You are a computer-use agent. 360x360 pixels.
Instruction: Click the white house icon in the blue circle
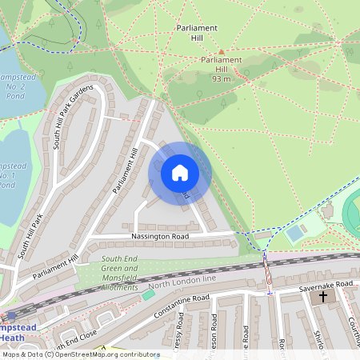pyautogui.click(x=180, y=172)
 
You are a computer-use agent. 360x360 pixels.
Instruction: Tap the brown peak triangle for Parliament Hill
pyautogui.click(x=222, y=52)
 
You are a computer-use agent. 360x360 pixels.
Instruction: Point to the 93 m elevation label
pyautogui.click(x=222, y=79)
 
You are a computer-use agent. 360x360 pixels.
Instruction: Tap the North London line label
pyautogui.click(x=183, y=282)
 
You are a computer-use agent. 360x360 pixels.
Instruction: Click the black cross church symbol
pyautogui.click(x=323, y=297)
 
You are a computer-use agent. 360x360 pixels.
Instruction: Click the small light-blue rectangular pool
pyautogui.click(x=294, y=234)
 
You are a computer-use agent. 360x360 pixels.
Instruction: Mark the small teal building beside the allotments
pyautogui.click(x=148, y=295)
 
